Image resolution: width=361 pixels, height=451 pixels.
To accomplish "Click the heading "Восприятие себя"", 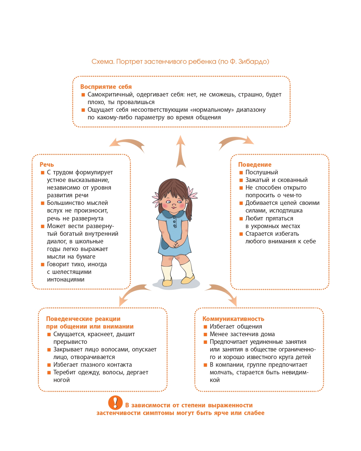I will pyautogui.click(x=106, y=87).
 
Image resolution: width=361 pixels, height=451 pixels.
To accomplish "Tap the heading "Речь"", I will pyautogui.click(x=47, y=165).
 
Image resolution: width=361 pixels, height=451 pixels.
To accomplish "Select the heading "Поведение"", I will pyautogui.click(x=255, y=165).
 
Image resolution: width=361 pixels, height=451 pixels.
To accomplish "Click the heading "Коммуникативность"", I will pyautogui.click(x=233, y=319).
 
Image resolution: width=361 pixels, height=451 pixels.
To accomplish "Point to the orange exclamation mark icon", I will pyautogui.click(x=115, y=403).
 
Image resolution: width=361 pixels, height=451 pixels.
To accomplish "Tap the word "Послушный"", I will pyautogui.click(x=262, y=172).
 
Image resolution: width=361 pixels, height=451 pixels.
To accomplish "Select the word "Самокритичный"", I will pyautogui.click(x=110, y=94).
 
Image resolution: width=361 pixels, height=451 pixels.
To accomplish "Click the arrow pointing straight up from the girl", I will pyautogui.click(x=181, y=151).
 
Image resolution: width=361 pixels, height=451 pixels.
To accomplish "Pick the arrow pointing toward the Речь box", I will pyautogui.click(x=127, y=144).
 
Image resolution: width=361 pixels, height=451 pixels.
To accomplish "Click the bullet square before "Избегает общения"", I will pyautogui.click(x=206, y=327).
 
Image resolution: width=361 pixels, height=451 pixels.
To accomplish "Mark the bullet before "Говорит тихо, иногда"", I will pyautogui.click(x=43, y=264).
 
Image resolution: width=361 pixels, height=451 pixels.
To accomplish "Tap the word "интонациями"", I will pyautogui.click(x=66, y=279).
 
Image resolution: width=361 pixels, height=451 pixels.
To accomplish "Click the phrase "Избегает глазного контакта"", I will pyautogui.click(x=93, y=365).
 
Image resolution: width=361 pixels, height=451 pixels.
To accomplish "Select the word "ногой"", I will pyautogui.click(x=62, y=380).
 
